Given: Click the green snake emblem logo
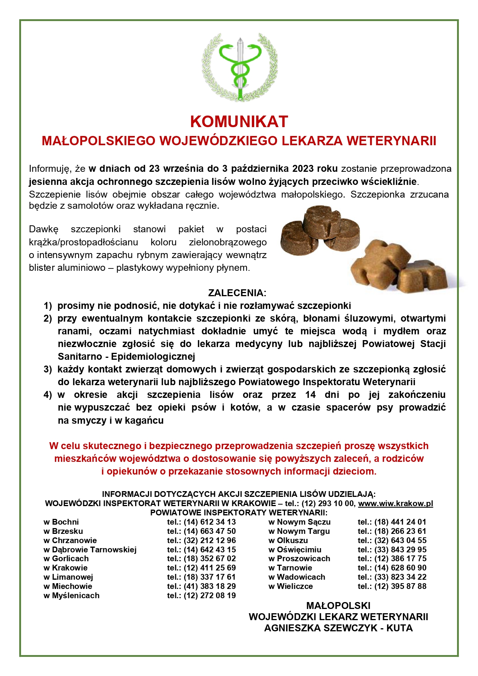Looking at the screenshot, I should (x=240, y=67).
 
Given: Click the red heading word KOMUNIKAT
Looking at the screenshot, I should (x=239, y=122).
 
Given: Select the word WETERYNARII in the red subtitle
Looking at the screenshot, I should (x=391, y=141).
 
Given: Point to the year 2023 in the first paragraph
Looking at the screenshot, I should (x=303, y=169).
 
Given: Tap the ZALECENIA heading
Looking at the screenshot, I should (x=237, y=293).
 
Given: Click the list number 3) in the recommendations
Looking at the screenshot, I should (x=47, y=369).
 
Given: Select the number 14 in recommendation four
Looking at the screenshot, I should (x=310, y=395).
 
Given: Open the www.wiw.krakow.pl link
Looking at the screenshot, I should (x=396, y=503).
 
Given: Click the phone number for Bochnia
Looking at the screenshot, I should (x=210, y=522).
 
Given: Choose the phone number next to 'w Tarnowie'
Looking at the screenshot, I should (x=400, y=568).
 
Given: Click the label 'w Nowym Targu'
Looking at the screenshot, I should (x=299, y=531).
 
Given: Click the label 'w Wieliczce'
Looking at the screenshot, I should (x=291, y=586).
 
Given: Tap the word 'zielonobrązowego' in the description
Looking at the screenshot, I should (x=228, y=242).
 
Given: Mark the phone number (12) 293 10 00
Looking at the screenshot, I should (x=327, y=503).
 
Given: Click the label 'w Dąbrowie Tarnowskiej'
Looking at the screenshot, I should (x=90, y=550).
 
